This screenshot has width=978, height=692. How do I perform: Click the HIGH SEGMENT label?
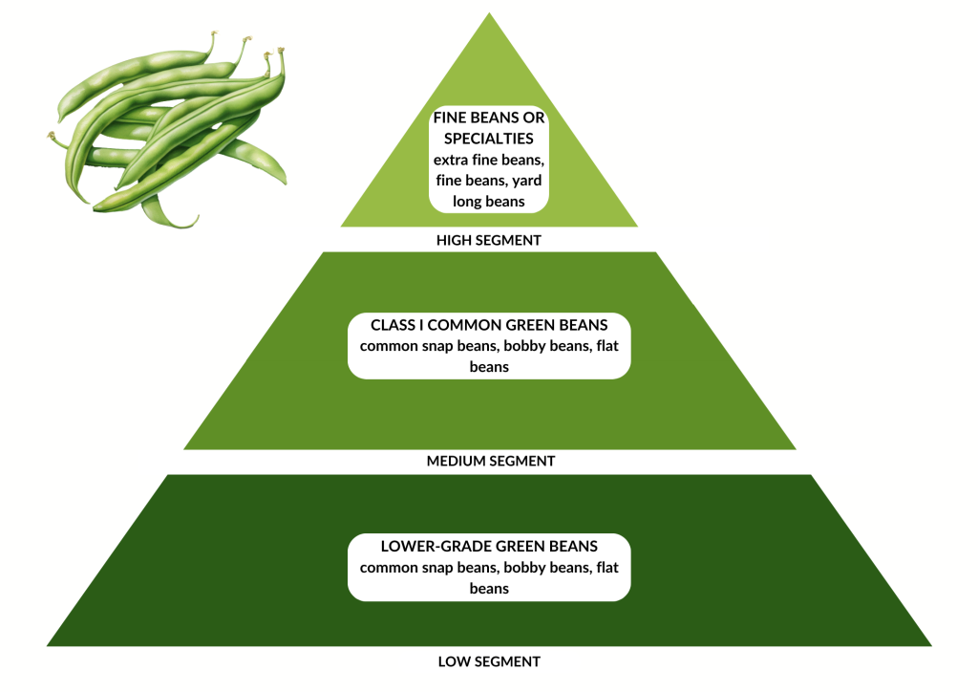[489, 241]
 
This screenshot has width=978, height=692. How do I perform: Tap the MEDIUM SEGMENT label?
[489, 461]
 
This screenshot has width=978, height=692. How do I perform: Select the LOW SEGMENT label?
[489, 661]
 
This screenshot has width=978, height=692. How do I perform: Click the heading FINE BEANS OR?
[489, 119]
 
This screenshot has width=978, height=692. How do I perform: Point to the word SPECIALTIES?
[489, 140]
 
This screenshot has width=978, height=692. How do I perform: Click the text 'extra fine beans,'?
[489, 161]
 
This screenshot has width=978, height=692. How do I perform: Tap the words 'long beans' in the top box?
[489, 201]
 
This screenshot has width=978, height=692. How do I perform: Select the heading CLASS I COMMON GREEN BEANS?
[489, 326]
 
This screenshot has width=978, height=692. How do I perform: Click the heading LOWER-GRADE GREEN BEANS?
[489, 547]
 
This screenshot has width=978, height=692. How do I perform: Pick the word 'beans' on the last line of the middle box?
[489, 367]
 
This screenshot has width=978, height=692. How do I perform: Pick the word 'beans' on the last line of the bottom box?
[489, 589]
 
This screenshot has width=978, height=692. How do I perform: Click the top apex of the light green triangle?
[490, 14]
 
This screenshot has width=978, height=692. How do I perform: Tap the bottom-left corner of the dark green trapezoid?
[49, 645]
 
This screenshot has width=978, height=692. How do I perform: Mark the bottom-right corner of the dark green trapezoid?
[930, 645]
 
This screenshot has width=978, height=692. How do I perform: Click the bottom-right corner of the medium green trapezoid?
[795, 448]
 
